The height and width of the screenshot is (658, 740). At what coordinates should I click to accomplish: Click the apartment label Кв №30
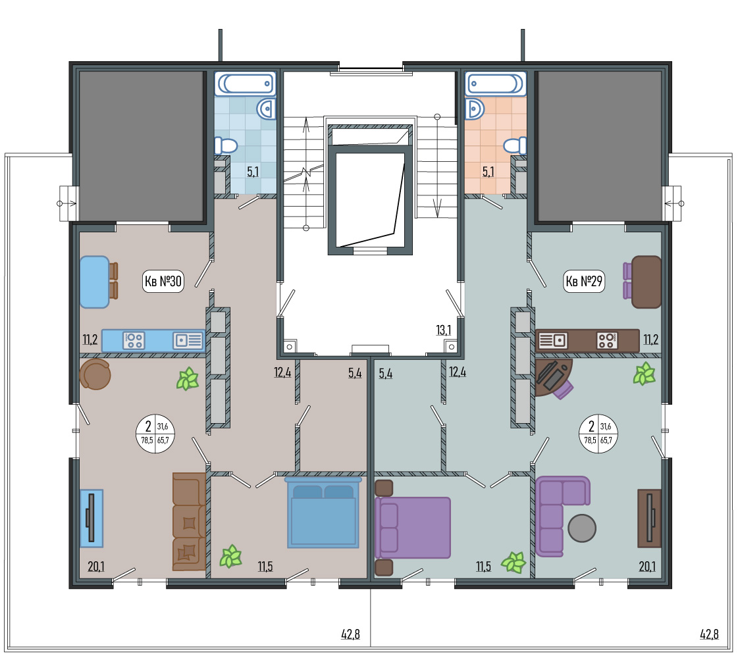pos(163,281)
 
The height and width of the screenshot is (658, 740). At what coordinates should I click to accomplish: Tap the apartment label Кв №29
pos(584,281)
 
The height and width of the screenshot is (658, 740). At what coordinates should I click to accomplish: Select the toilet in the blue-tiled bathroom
pos(226,145)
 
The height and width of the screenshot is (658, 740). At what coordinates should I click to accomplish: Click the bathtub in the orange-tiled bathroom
pos(495,84)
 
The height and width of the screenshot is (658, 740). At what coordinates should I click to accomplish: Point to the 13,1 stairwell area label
pos(443,330)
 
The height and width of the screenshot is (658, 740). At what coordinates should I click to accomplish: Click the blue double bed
pos(323,512)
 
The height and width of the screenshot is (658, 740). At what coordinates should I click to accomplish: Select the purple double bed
pos(413,527)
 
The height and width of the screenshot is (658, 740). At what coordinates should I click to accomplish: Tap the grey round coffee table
pos(582,528)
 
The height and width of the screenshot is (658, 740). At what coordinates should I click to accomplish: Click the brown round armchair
pos(95,374)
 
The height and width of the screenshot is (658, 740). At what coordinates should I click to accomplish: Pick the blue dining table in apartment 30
pos(94,282)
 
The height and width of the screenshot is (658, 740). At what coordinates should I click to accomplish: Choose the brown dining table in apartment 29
pos(646,282)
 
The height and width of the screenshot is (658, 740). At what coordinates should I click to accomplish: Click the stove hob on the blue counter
pos(134,341)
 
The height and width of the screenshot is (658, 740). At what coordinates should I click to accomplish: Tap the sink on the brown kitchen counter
pos(552,341)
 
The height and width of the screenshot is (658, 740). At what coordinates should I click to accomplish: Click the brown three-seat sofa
pos(189,522)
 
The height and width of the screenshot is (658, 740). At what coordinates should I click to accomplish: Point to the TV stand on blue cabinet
pos(91,518)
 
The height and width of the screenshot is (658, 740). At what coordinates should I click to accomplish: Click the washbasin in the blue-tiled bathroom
pos(266,109)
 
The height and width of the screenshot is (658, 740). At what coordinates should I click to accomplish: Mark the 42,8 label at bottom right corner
pos(709,634)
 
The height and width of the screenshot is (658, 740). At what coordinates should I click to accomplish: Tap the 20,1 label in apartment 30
pos(96,566)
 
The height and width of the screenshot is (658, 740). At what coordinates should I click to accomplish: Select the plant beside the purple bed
pos(514,562)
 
